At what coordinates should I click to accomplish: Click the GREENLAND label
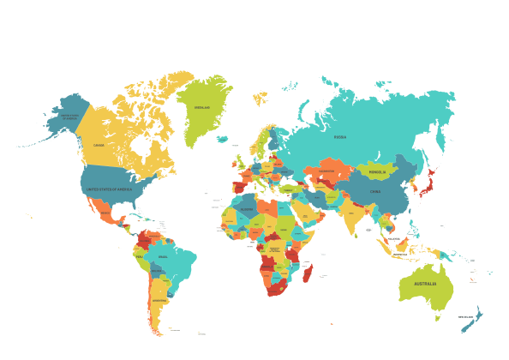coord(202,108)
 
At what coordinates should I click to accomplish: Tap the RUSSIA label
coord(340,136)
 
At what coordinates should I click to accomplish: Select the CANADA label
coord(99,145)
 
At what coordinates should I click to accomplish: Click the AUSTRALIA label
coord(425,284)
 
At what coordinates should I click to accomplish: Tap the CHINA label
coord(375,191)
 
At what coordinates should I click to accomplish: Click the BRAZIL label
coord(163,256)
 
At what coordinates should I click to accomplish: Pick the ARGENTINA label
coord(159,301)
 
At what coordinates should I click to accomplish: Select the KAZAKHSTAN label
coord(324,171)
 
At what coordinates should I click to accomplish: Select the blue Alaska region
coord(64,120)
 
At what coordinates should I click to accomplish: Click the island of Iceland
coord(223,138)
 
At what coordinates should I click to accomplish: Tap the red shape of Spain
coord(238,186)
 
